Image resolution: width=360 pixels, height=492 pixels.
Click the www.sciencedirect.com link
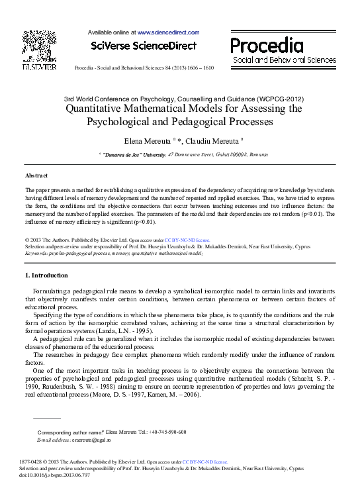[x=168, y=32]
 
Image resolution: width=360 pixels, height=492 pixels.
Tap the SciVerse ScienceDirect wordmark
[x=144, y=46]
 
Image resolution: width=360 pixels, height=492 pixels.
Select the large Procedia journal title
[x=267, y=45]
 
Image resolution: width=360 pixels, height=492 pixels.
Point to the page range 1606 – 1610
[x=199, y=68]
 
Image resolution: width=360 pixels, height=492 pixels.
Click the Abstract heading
[x=36, y=175]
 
